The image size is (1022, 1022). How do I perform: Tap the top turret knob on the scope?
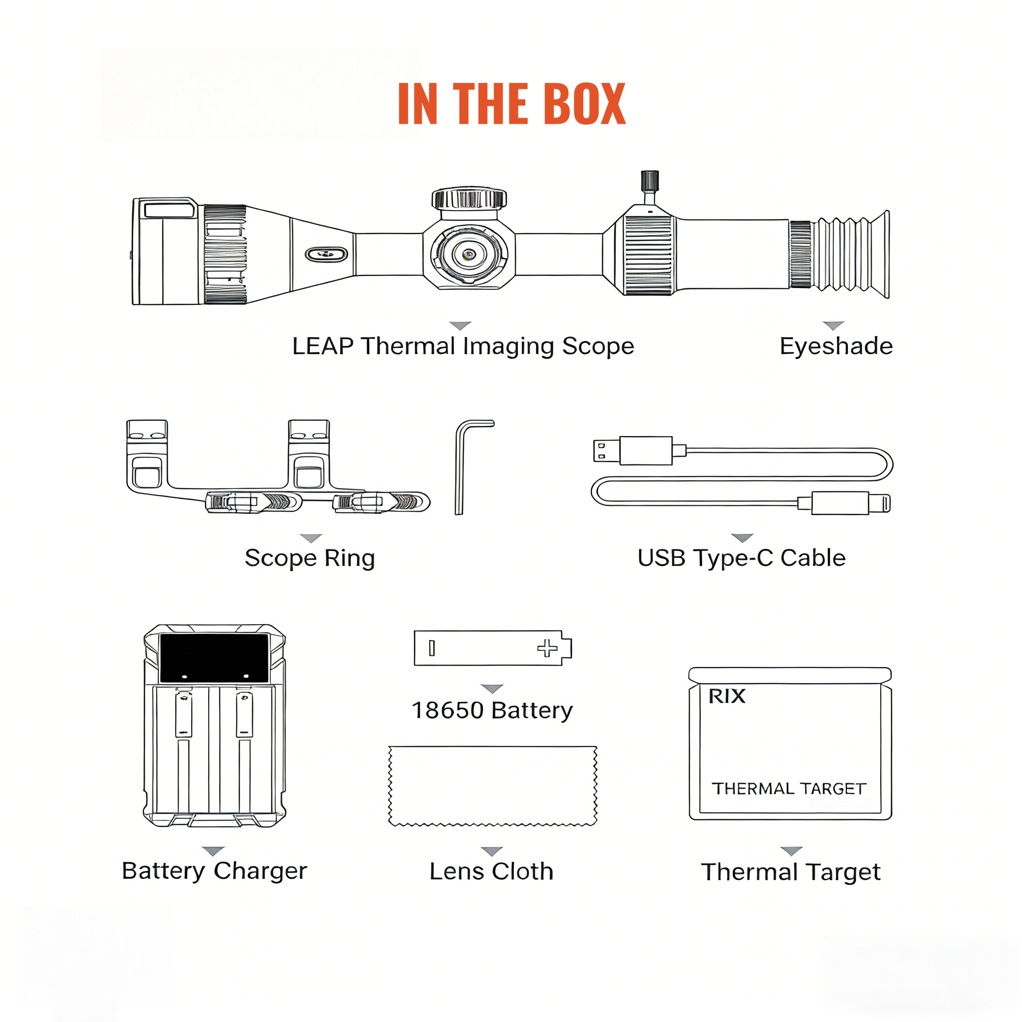[x=469, y=199]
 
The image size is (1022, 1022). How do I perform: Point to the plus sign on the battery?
[x=547, y=648]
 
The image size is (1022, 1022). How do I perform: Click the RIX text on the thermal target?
[x=727, y=697]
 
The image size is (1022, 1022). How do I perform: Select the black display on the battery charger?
[x=214, y=658]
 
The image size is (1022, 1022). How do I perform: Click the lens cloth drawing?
[x=493, y=785]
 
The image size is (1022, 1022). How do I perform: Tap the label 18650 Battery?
[x=492, y=711]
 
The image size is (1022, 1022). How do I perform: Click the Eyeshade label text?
[x=836, y=346]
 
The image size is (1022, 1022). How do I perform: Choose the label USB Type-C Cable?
[x=741, y=558]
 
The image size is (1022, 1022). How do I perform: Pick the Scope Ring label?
[x=310, y=558]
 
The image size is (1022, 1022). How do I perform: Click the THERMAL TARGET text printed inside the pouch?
[x=788, y=789]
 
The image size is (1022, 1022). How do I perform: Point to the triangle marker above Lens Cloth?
[x=492, y=851]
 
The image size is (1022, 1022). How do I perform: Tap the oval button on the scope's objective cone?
[x=326, y=255]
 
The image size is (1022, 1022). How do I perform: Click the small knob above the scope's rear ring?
[x=650, y=182]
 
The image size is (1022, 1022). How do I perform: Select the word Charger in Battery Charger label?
[x=260, y=871]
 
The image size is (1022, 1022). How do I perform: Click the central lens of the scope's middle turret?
[x=469, y=255]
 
